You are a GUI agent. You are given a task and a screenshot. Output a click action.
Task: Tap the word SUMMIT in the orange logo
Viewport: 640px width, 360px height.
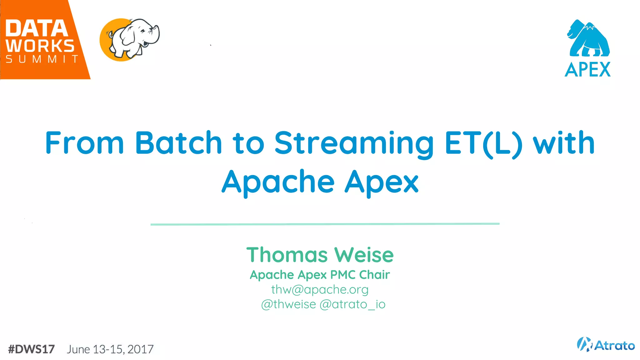pyautogui.click(x=42, y=59)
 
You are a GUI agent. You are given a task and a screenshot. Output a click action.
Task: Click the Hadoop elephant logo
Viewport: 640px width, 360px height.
pyautogui.click(x=130, y=39)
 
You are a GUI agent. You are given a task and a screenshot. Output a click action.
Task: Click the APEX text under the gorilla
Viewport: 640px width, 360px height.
pyautogui.click(x=587, y=69)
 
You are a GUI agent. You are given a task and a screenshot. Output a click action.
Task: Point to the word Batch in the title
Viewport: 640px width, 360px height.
pyautogui.click(x=178, y=143)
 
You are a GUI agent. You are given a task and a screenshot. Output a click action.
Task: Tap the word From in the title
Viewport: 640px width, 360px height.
pyautogui.click(x=85, y=143)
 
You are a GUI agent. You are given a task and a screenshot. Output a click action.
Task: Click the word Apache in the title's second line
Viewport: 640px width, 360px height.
pyautogui.click(x=278, y=182)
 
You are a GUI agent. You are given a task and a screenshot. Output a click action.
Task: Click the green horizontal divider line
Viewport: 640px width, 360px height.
pyautogui.click(x=325, y=224)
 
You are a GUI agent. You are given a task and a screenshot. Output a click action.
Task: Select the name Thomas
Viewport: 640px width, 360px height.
pyautogui.click(x=287, y=255)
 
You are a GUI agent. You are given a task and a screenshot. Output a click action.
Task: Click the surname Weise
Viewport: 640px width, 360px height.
pyautogui.click(x=364, y=255)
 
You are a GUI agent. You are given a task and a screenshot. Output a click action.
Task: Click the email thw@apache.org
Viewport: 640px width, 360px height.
pyautogui.click(x=320, y=289)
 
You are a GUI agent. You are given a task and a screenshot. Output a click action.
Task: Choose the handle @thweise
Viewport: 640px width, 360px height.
pyautogui.click(x=288, y=304)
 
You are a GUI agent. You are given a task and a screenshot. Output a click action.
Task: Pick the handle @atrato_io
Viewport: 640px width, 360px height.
pyautogui.click(x=352, y=304)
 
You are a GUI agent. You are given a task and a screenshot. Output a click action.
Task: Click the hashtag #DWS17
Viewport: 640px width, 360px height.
pyautogui.click(x=32, y=349)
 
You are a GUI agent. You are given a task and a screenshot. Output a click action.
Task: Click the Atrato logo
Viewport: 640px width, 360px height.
pyautogui.click(x=606, y=345)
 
